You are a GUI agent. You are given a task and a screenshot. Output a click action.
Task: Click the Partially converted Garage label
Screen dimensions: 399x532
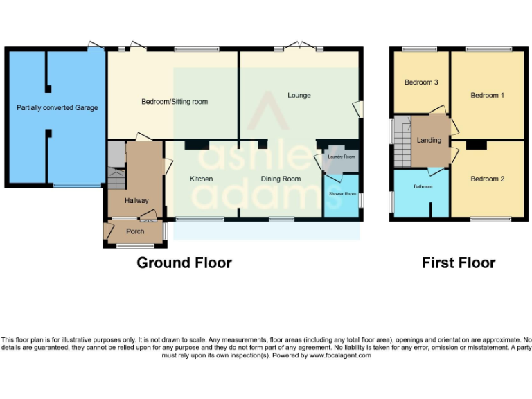tap(57, 107)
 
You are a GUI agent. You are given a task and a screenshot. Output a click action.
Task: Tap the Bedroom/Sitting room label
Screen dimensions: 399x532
tap(175, 102)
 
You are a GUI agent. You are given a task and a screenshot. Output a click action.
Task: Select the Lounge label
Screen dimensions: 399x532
tap(299, 95)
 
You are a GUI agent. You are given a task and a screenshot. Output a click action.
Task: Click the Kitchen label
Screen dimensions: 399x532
tap(202, 179)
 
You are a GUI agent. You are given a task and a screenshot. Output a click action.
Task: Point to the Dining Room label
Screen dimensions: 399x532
tap(281, 179)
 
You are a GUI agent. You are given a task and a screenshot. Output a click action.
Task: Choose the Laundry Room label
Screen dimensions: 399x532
tap(341, 157)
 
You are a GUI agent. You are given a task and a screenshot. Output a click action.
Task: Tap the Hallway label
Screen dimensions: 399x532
tap(136, 200)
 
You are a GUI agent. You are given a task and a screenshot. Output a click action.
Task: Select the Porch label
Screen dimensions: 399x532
tap(135, 231)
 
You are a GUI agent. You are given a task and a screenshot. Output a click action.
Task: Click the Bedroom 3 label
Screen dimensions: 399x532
tap(421, 82)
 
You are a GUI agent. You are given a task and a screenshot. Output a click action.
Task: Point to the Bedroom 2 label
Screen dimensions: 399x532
tap(487, 179)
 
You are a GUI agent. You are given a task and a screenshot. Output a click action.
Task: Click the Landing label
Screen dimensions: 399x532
tap(429, 140)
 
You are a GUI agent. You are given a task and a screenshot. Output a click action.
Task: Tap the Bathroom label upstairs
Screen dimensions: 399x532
tap(423, 187)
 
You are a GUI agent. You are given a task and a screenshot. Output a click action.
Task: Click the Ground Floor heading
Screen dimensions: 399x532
tap(184, 263)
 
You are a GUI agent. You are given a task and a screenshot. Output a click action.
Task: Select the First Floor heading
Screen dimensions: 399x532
tap(459, 263)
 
